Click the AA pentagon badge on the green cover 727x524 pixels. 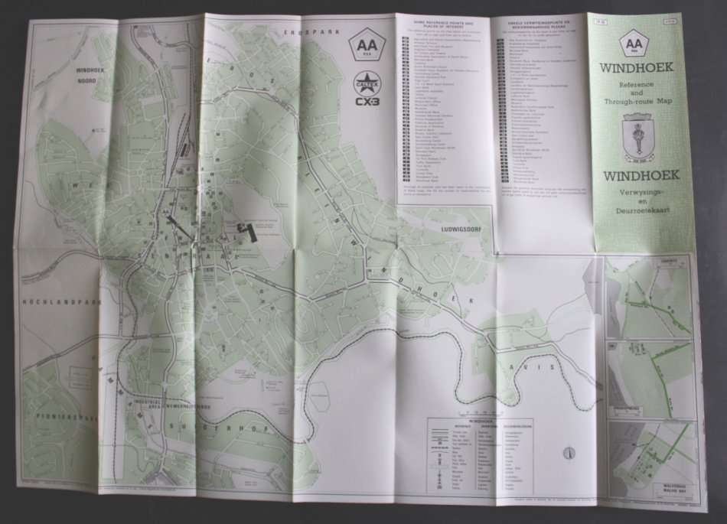634,44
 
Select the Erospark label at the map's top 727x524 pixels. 302,31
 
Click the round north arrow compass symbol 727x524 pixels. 567,453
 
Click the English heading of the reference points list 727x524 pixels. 435,24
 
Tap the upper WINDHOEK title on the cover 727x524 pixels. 637,67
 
